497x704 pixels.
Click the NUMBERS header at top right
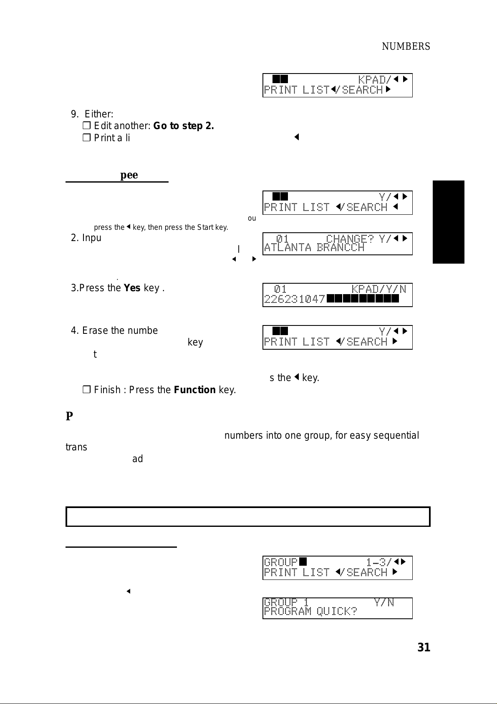coord(406,46)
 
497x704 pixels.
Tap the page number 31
coord(424,647)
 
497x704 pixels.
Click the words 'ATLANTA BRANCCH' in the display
coord(314,248)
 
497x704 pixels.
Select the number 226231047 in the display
coord(295,299)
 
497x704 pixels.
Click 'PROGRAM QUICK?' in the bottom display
coord(310,611)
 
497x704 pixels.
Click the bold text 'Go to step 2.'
coord(184,126)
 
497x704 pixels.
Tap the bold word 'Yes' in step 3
coord(132,288)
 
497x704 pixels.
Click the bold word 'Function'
coord(194,390)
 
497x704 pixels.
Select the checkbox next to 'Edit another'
coord(86,126)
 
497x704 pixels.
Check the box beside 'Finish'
coord(86,390)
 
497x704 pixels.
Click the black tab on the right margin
coord(448,222)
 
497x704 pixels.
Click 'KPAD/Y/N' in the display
coord(378,289)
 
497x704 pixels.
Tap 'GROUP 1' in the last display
coord(286,602)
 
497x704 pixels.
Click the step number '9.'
coord(75,114)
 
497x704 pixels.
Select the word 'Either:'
coord(99,114)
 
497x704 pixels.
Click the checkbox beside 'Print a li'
coord(86,138)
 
